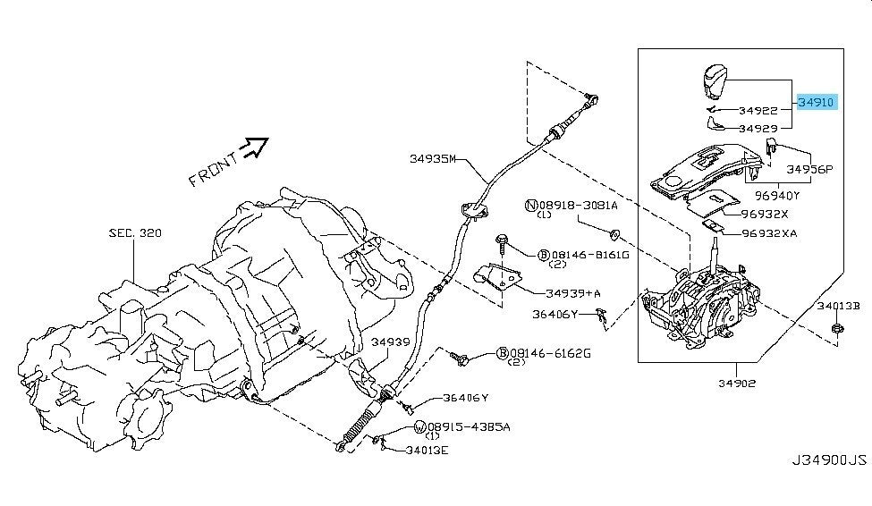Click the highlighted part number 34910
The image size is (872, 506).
point(817,103)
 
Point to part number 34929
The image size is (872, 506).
point(760,128)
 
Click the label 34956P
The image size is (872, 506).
point(809,168)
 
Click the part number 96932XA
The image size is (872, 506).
point(769,233)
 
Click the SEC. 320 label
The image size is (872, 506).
point(135,232)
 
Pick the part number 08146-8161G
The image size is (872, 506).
point(596,255)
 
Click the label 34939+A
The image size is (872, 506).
point(572,292)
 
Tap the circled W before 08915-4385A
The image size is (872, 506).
point(419,427)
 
